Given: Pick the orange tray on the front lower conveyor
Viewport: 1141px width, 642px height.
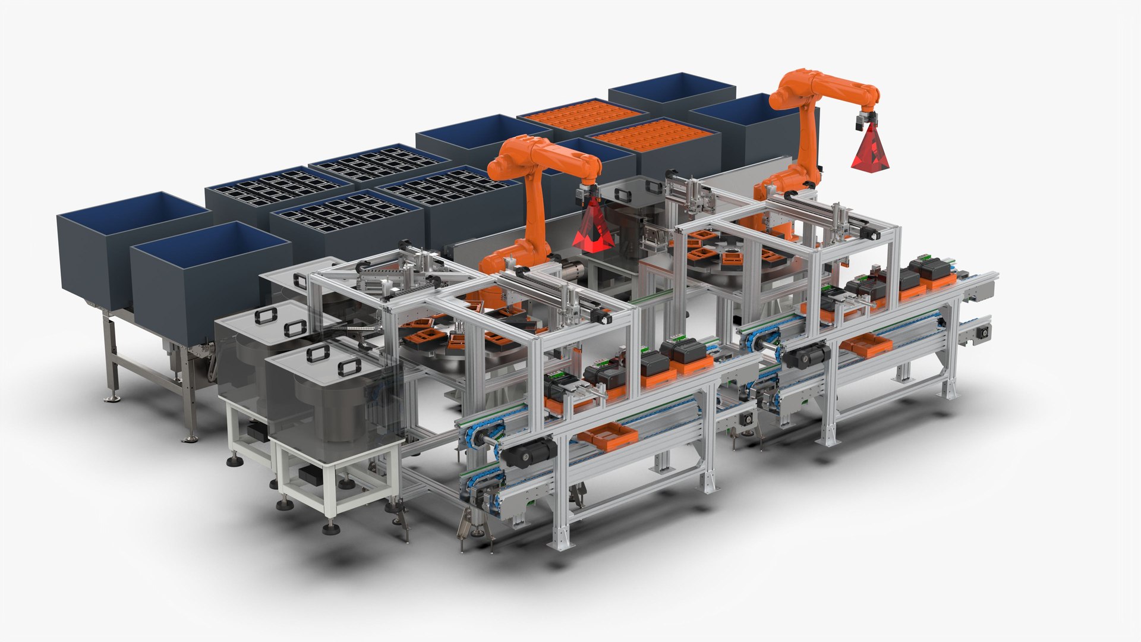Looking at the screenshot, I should click(x=607, y=435).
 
